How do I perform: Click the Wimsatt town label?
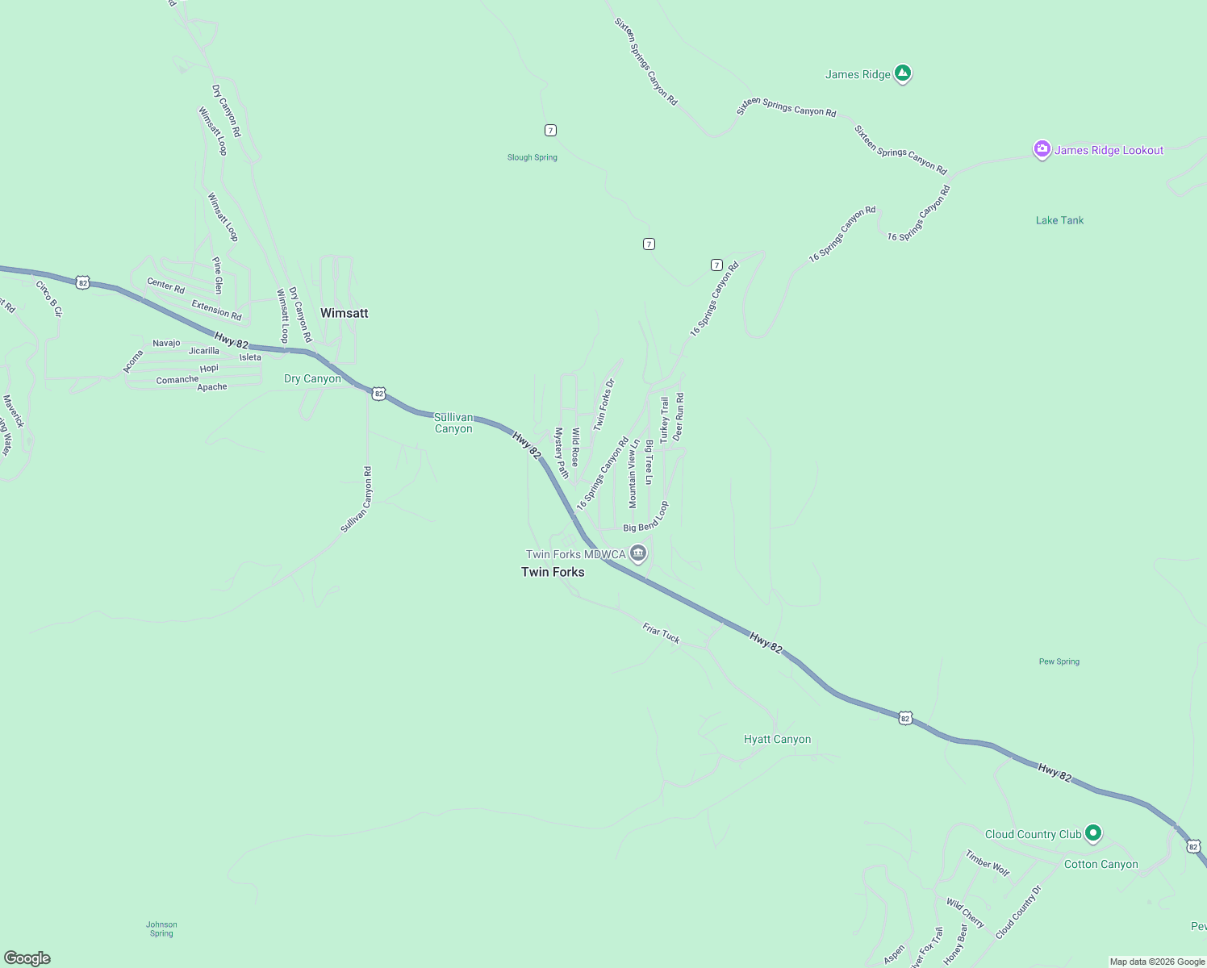[344, 313]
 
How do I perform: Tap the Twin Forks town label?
[553, 572]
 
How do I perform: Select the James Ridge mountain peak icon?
[903, 73]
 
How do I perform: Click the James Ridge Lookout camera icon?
[1042, 149]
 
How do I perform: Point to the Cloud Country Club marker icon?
[1093, 832]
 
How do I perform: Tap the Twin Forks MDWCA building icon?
[638, 553]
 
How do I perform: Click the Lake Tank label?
[1059, 220]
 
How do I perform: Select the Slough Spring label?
[532, 157]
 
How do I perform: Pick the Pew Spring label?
[1059, 661]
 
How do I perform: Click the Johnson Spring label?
[161, 929]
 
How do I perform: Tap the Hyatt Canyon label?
[777, 739]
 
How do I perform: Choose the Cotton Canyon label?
[1100, 864]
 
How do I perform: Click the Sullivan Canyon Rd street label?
[356, 500]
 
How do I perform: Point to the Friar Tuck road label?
[661, 633]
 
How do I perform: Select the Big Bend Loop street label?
[646, 518]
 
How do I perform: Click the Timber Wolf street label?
[988, 863]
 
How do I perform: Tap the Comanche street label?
[177, 380]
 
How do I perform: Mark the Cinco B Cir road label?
[48, 298]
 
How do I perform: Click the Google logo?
[27, 958]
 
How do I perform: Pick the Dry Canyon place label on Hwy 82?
[312, 378]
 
